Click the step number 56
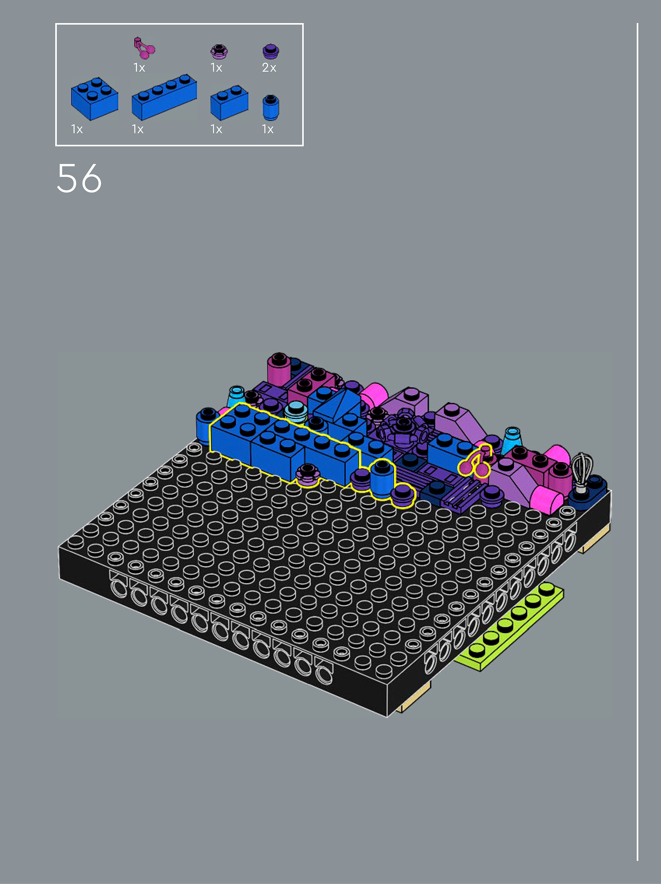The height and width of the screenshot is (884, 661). (x=79, y=178)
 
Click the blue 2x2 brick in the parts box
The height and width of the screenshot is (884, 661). (x=94, y=98)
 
